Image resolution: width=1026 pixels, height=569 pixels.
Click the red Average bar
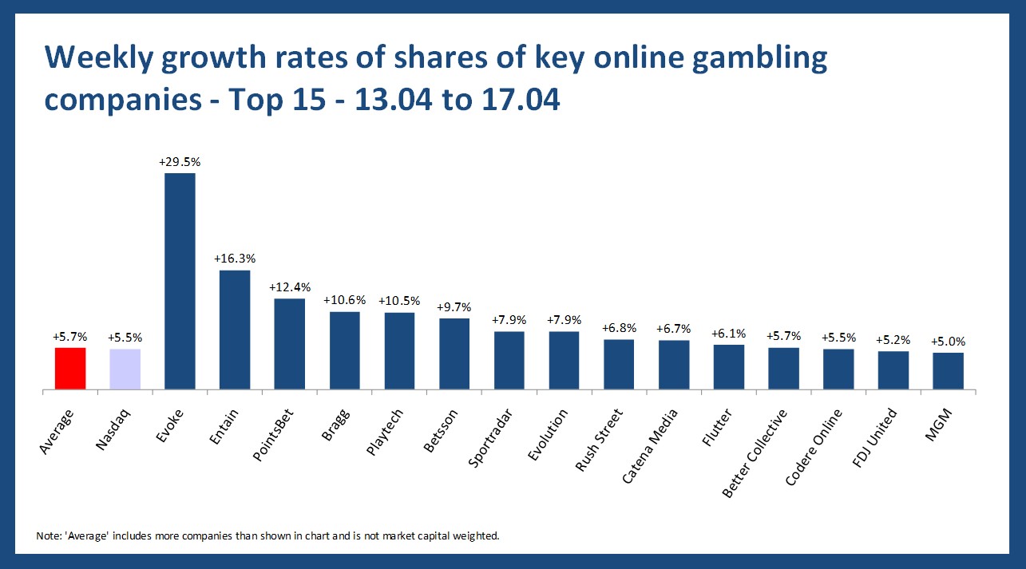(x=70, y=369)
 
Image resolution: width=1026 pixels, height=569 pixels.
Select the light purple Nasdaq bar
(x=125, y=369)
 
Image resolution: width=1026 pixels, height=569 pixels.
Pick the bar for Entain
(x=235, y=330)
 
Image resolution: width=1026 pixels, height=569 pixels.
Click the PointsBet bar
(x=290, y=344)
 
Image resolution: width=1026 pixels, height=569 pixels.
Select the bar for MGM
(x=948, y=371)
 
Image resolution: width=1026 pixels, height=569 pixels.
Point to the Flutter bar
(x=729, y=367)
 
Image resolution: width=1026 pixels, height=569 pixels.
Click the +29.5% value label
(x=180, y=161)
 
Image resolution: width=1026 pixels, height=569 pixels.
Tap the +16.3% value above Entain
(x=235, y=259)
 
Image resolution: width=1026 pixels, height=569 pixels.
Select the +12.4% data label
(x=290, y=287)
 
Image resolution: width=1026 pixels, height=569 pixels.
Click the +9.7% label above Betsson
(x=454, y=306)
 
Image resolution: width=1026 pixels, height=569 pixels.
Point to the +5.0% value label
(x=948, y=341)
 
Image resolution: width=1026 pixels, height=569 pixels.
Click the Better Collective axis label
(x=755, y=452)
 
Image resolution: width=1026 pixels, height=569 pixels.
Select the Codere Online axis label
(x=814, y=446)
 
